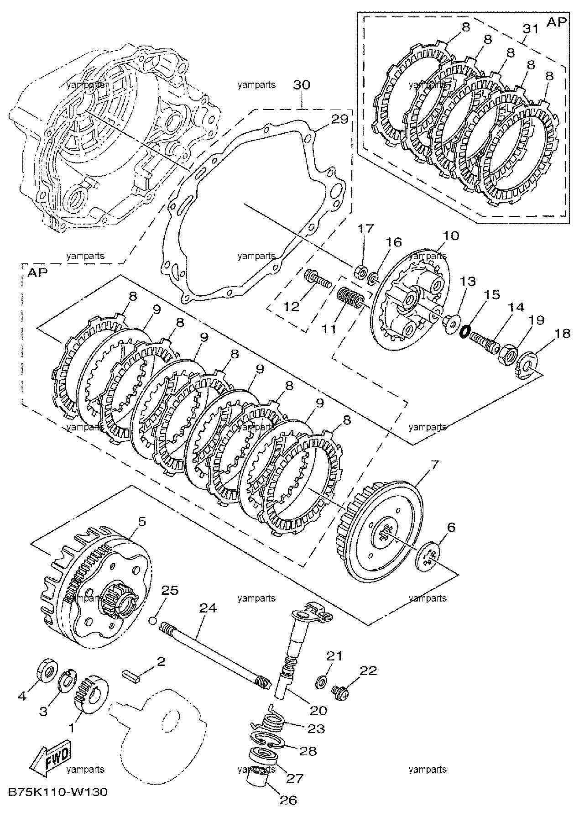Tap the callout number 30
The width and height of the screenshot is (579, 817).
301,85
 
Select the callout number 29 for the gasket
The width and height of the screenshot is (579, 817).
339,120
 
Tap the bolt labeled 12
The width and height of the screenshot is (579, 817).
318,281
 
